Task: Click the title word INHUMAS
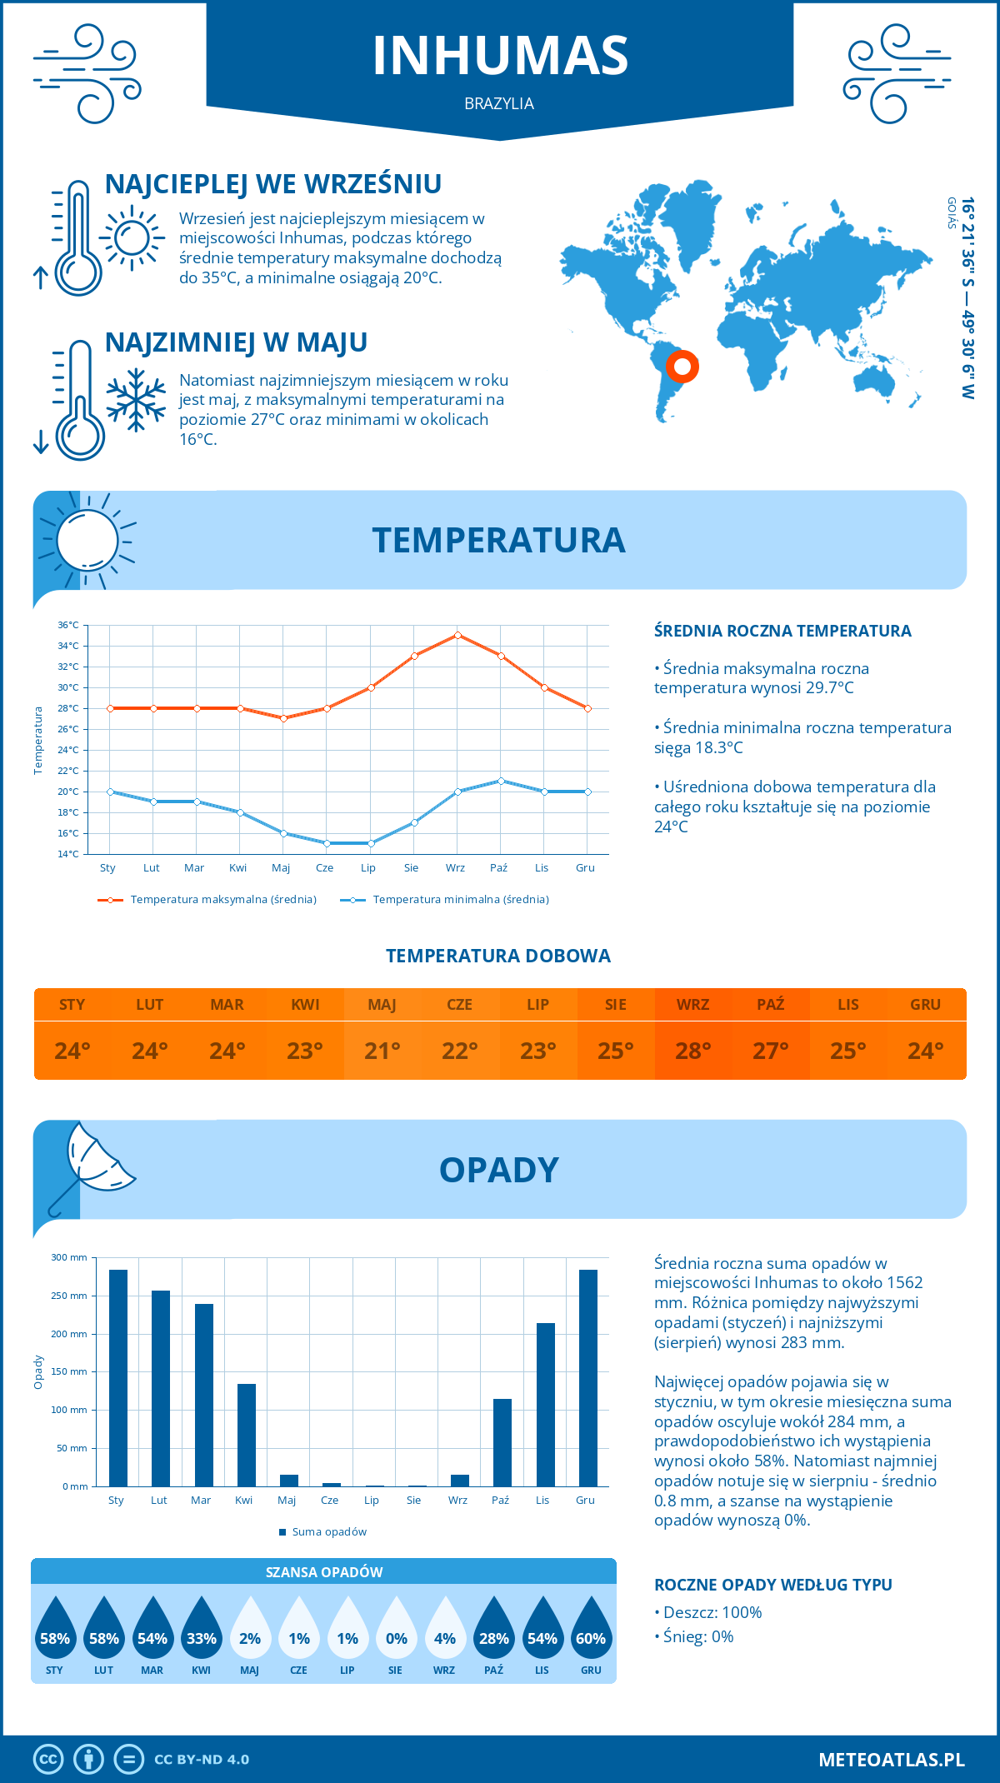coord(500,56)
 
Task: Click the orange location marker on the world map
coord(682,366)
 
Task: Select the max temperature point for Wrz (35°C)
coord(457,635)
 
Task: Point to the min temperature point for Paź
coord(501,781)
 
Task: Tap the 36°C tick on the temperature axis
coord(68,625)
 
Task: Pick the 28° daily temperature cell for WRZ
coord(692,1051)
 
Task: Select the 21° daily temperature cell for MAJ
coord(382,1051)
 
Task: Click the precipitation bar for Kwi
coord(246,1435)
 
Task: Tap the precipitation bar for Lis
coord(545,1405)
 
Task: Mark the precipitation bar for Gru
coord(588,1378)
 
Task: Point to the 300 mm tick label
coord(70,1257)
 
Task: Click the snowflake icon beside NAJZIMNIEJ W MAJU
coord(137,399)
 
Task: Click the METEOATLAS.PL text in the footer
coord(891,1760)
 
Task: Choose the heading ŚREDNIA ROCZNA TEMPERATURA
coord(782,631)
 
